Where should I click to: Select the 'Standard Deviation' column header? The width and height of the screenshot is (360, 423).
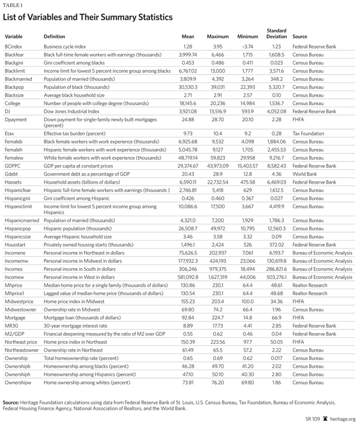(x=275, y=34)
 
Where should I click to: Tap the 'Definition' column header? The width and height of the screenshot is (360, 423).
(x=55, y=37)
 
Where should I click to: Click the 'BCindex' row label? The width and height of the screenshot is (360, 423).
(x=14, y=46)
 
